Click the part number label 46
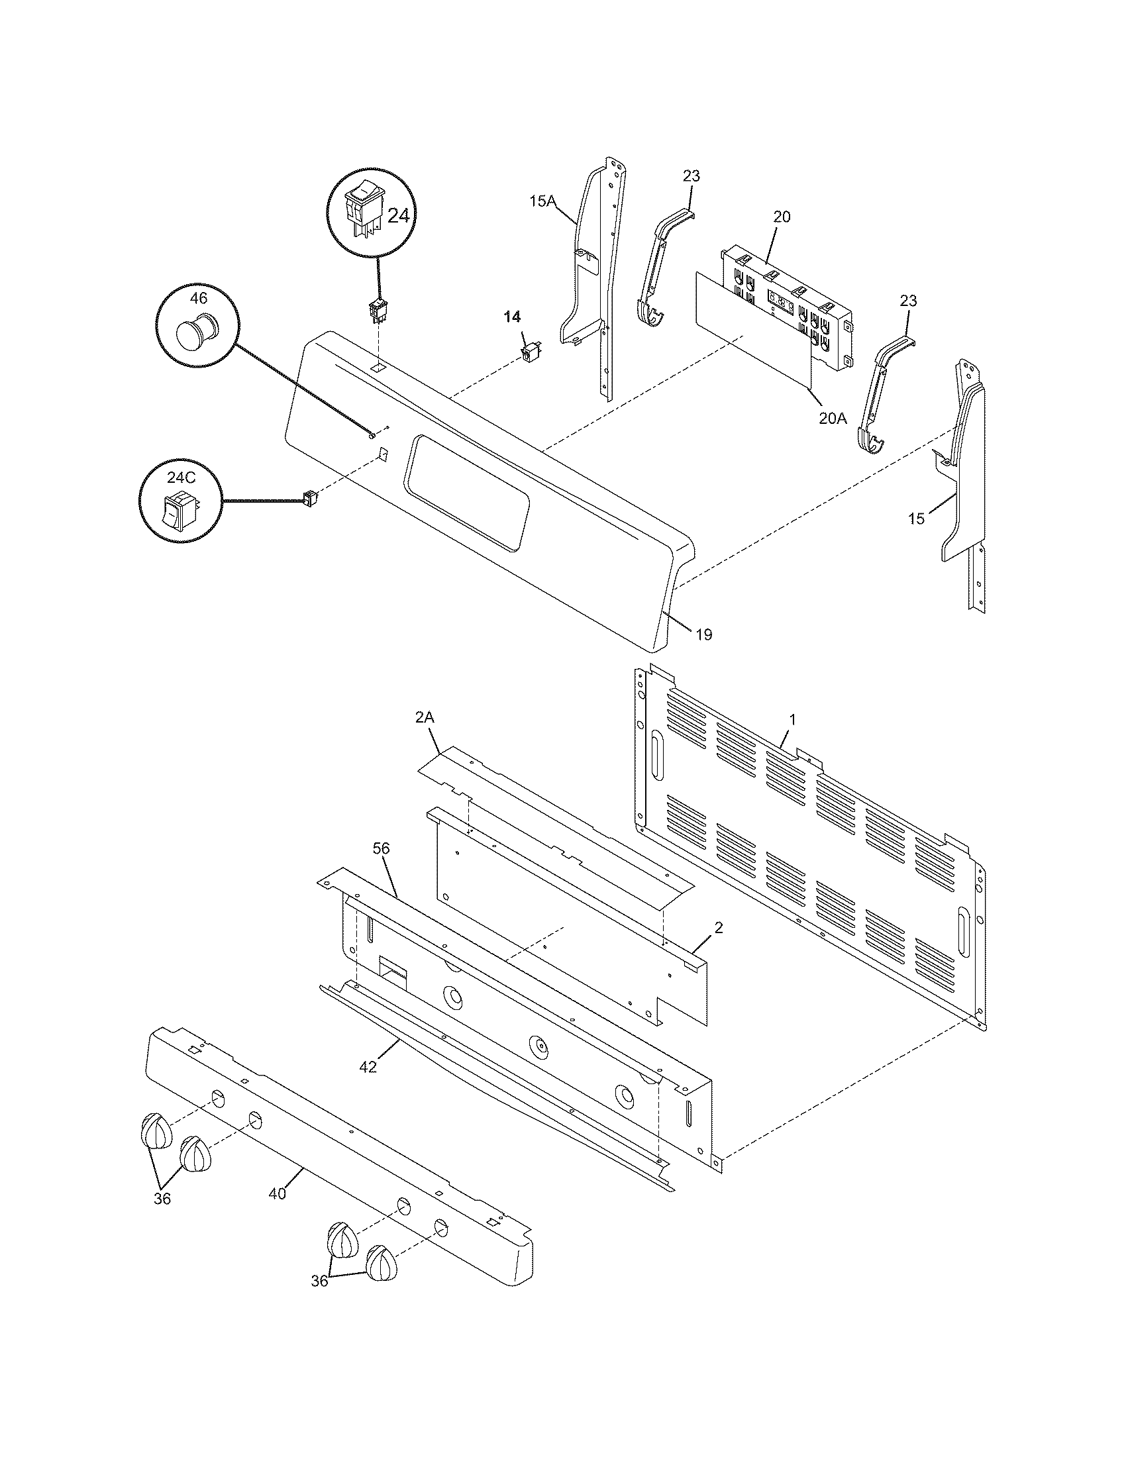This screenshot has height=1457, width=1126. click(x=198, y=298)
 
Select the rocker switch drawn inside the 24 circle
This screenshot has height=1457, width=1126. click(x=363, y=212)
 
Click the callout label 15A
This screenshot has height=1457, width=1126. click(x=543, y=200)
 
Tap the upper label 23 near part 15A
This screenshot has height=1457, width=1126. click(x=691, y=176)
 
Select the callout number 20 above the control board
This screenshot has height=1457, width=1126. click(x=782, y=217)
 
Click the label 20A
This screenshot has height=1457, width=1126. click(x=833, y=419)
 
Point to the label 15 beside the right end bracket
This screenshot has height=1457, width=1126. click(x=917, y=519)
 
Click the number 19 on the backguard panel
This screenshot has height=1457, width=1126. click(x=705, y=634)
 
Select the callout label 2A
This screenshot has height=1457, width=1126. click(x=425, y=718)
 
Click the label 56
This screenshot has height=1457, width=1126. click(x=382, y=848)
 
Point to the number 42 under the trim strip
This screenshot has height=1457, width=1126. click(x=368, y=1068)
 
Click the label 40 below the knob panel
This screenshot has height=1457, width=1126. click(x=278, y=1193)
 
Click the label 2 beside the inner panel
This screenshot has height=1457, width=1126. click(x=719, y=928)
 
